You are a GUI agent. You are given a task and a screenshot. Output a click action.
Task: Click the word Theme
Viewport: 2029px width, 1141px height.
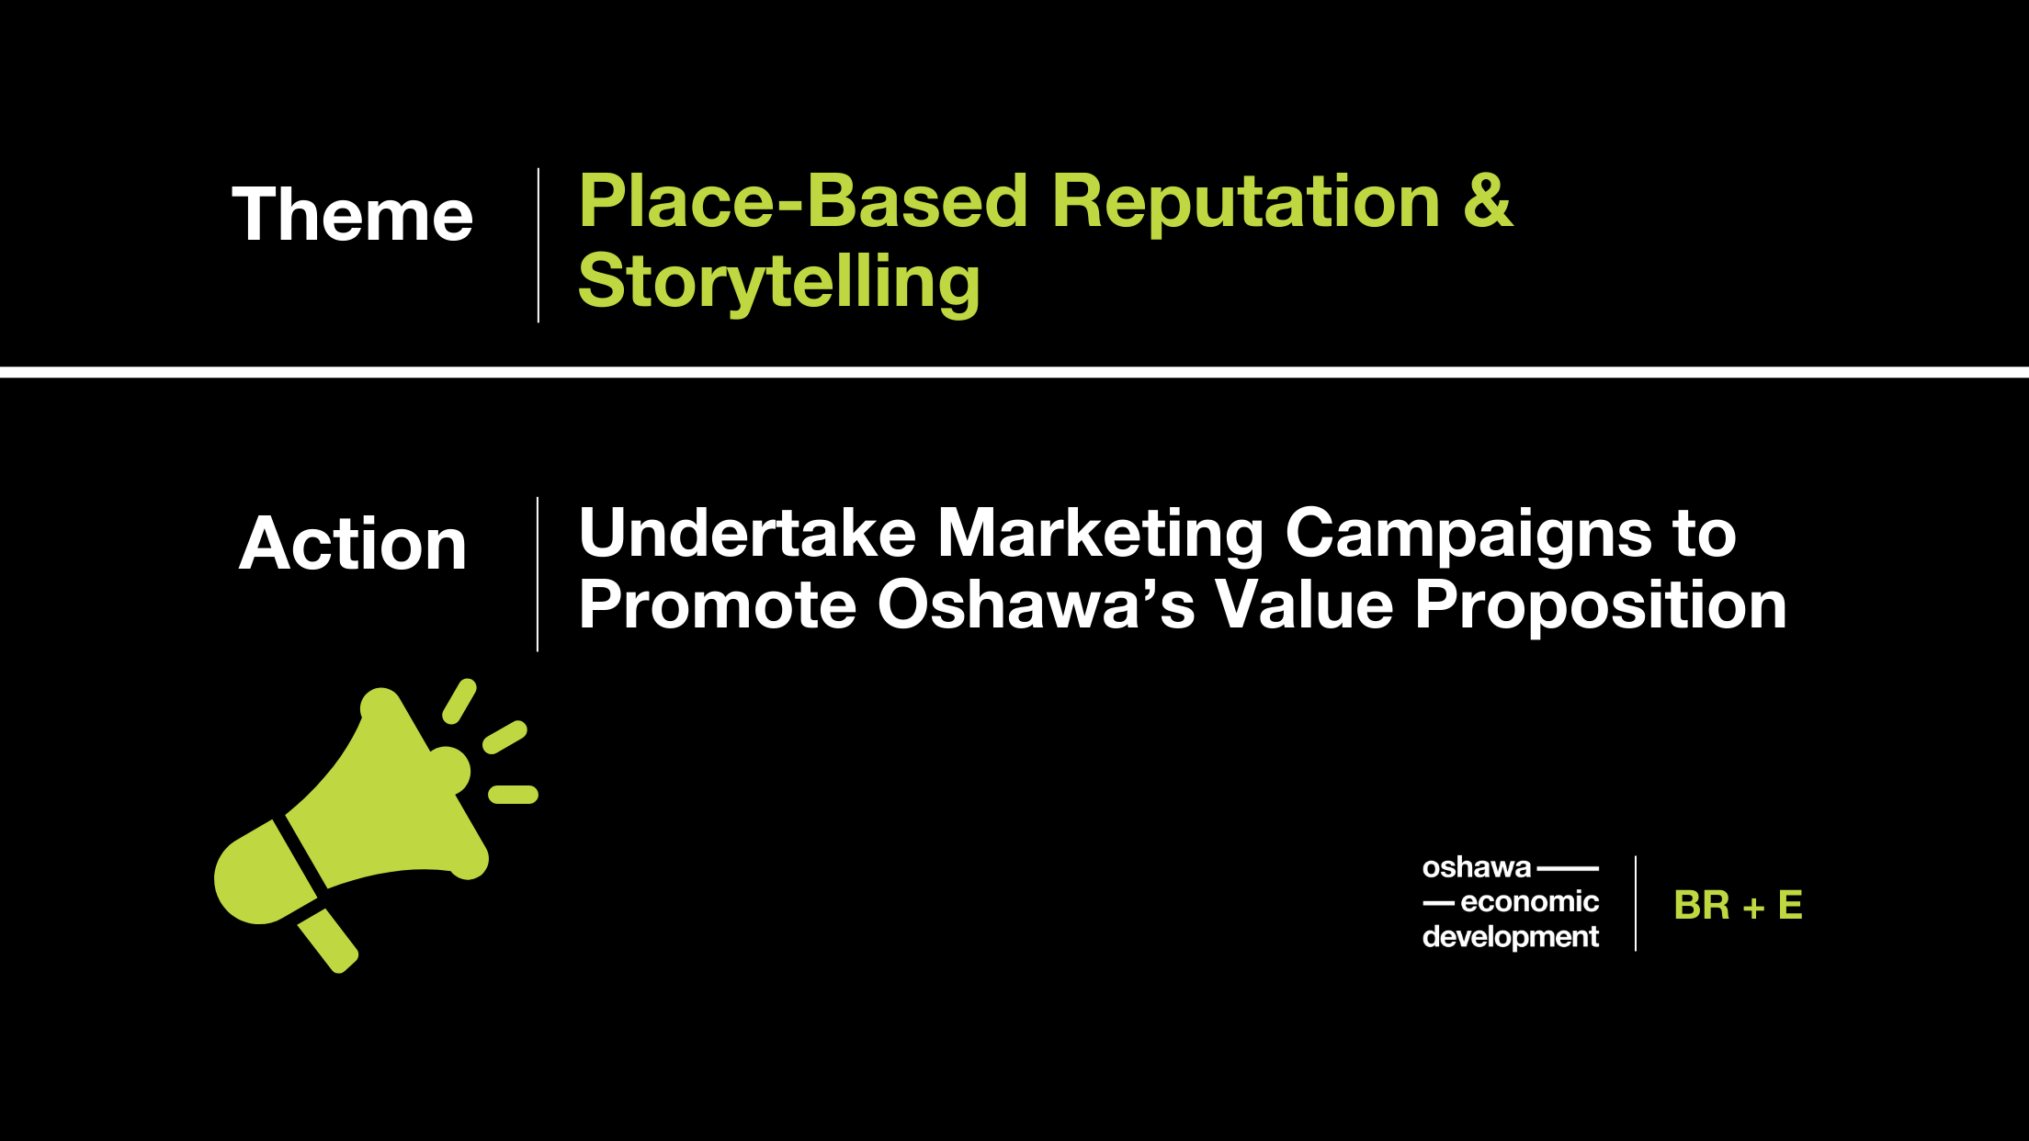(352, 214)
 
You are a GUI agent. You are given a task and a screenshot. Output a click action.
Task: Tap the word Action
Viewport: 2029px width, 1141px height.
(353, 543)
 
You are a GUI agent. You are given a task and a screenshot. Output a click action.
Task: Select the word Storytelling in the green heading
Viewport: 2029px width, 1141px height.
(779, 282)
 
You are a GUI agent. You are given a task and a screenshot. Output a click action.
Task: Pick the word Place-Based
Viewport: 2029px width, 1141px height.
(803, 201)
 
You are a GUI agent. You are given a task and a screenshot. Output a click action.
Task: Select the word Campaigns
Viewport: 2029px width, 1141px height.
(1468, 536)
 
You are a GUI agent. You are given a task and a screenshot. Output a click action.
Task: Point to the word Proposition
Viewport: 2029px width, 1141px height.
(1601, 607)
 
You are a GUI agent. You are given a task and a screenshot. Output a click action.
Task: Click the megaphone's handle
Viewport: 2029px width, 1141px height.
(328, 940)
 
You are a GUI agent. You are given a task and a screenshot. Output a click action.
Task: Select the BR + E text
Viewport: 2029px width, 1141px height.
(1738, 905)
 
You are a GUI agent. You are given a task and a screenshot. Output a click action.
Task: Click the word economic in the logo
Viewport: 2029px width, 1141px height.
(1529, 902)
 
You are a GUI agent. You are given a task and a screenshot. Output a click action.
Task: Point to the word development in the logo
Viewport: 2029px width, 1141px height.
(1511, 937)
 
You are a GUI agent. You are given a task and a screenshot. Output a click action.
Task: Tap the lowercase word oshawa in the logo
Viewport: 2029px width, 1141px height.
(1477, 867)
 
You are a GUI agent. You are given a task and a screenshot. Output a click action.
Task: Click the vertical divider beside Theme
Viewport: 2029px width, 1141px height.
(538, 245)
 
